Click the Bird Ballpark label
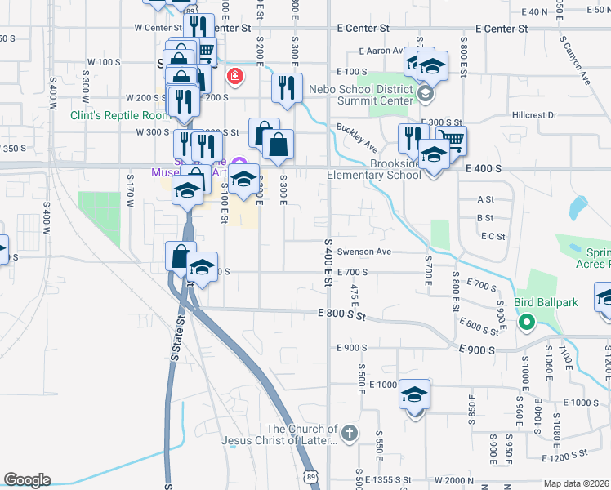[x=546, y=303]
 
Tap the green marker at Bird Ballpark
[x=527, y=322]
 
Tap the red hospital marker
[x=235, y=77]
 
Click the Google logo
[x=27, y=480]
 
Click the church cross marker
[x=350, y=433]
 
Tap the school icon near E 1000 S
[x=414, y=395]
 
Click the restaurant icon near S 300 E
[x=285, y=88]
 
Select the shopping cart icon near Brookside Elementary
[x=450, y=138]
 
